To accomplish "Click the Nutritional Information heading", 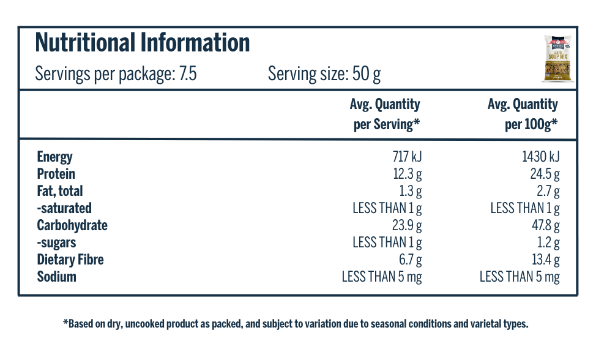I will [x=143, y=43].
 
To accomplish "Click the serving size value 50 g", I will [x=367, y=75].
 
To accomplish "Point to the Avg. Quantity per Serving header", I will [x=386, y=114].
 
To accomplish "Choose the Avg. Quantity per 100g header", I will [x=523, y=114].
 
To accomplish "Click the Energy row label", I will [x=54, y=157].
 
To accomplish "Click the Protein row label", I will [x=56, y=174].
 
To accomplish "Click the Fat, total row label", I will [x=60, y=191].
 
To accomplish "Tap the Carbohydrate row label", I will [x=72, y=225].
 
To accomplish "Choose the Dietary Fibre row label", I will [x=70, y=260].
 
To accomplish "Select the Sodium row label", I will [x=56, y=277].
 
